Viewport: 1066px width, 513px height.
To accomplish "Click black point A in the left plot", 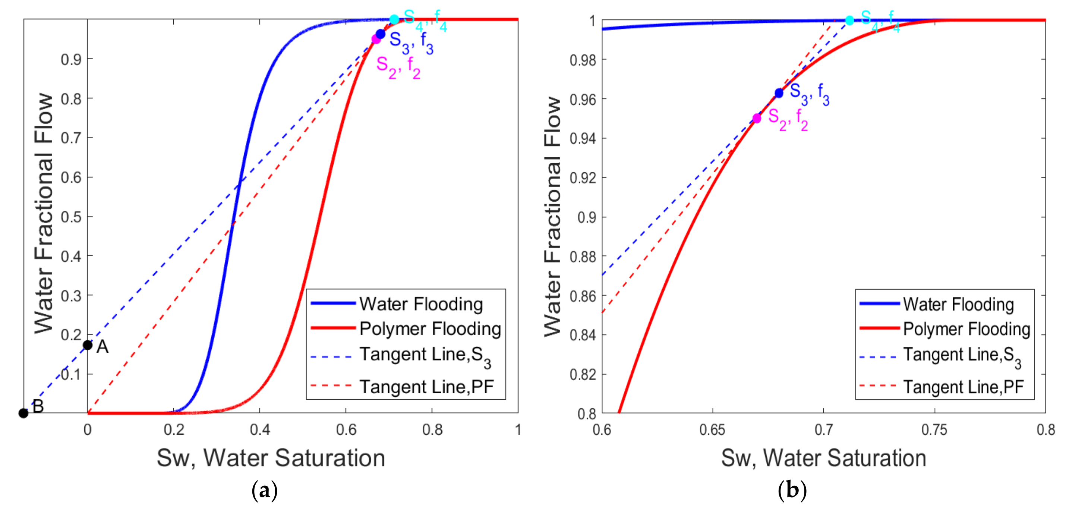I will (x=87, y=345).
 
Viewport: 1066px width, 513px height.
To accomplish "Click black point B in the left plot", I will (x=23, y=413).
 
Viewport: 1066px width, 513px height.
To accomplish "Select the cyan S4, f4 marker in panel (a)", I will (x=394, y=19).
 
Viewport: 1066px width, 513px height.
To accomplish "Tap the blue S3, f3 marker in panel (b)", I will (x=779, y=93).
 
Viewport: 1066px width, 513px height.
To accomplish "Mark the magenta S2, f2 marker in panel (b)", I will (x=757, y=119).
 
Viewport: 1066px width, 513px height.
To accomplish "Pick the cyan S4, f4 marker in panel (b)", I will (x=849, y=20).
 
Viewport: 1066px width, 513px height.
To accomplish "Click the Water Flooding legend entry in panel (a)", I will (x=420, y=304).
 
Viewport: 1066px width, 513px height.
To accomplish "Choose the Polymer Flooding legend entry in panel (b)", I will (x=966, y=329).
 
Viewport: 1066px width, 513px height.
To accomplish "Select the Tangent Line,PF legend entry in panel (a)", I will (x=426, y=387).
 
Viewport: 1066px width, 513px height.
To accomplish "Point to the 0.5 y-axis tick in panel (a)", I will (x=71, y=217).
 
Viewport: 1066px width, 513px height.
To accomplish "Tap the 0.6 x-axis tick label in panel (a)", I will (x=346, y=430).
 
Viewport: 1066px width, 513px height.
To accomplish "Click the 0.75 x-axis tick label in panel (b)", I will (x=934, y=430).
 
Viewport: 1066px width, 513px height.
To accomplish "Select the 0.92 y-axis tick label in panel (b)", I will (x=583, y=177).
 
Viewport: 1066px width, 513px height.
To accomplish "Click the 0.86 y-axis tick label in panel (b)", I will (x=583, y=296).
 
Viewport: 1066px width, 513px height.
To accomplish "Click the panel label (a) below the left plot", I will (x=264, y=490).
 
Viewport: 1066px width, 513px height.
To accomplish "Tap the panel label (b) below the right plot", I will (x=792, y=490).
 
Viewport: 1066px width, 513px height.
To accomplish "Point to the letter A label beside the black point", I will (x=102, y=347).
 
